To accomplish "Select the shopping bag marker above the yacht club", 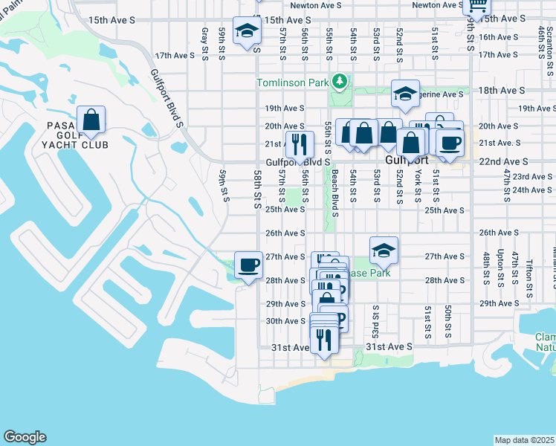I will [x=91, y=120].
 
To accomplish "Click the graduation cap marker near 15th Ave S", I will [x=247, y=30].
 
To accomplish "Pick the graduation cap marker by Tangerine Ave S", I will [x=405, y=94].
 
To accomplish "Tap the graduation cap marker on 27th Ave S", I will [x=384, y=251].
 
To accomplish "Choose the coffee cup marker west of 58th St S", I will [x=249, y=265].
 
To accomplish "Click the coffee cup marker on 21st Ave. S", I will [x=450, y=142].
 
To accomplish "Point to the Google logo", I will [x=25, y=437].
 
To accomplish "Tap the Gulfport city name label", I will [x=406, y=161].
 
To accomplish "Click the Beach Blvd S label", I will [x=335, y=193].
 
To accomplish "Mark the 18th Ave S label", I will [x=502, y=90].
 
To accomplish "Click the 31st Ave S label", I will [x=389, y=347].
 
